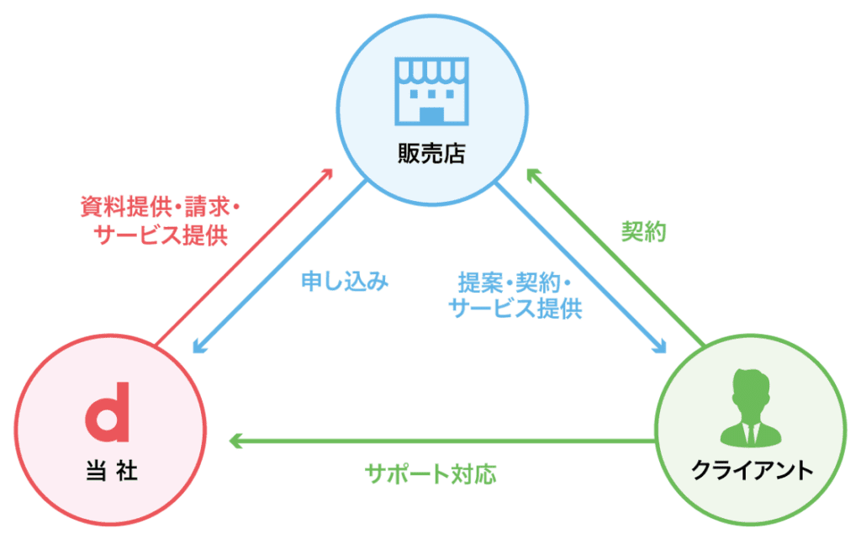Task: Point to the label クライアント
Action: coord(752,470)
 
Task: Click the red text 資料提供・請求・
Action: coord(160,206)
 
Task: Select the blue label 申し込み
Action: coord(345,282)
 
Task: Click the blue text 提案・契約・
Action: coord(515,281)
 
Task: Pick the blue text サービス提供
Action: coord(515,309)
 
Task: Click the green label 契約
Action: coord(643,233)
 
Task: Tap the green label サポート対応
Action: coord(430,473)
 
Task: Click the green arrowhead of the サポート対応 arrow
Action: coord(235,440)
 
